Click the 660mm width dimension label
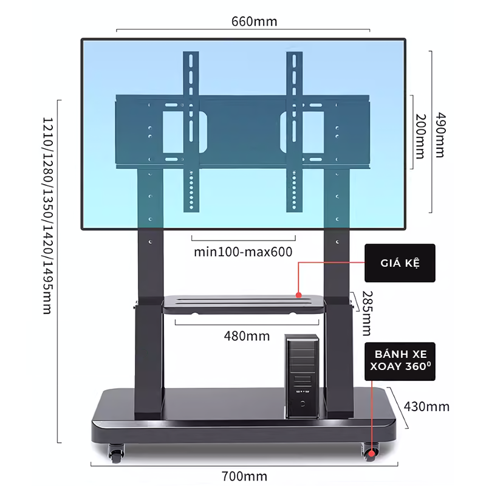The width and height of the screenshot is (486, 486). [x=254, y=21]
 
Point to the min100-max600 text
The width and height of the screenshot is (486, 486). [x=244, y=251]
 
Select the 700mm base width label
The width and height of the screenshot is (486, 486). [x=245, y=474]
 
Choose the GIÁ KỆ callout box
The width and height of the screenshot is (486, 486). [x=400, y=263]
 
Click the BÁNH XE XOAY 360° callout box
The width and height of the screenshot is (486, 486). [x=399, y=361]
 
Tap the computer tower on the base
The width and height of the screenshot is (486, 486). [x=302, y=376]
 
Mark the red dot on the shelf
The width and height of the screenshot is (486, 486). [x=299, y=295]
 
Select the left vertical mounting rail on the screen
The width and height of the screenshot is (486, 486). [x=191, y=131]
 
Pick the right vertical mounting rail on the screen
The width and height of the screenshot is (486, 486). [x=295, y=131]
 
